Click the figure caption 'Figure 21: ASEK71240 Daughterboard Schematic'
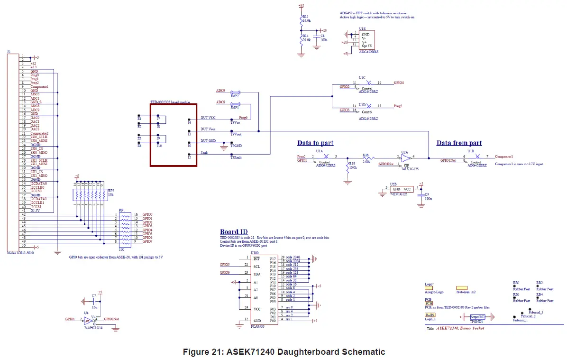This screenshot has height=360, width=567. [283, 351]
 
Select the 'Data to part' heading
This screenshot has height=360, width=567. [315, 143]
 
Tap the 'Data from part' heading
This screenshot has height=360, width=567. [459, 143]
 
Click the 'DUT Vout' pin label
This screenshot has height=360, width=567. [208, 129]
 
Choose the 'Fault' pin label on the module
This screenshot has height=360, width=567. [204, 152]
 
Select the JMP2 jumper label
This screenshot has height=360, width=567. [234, 96]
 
